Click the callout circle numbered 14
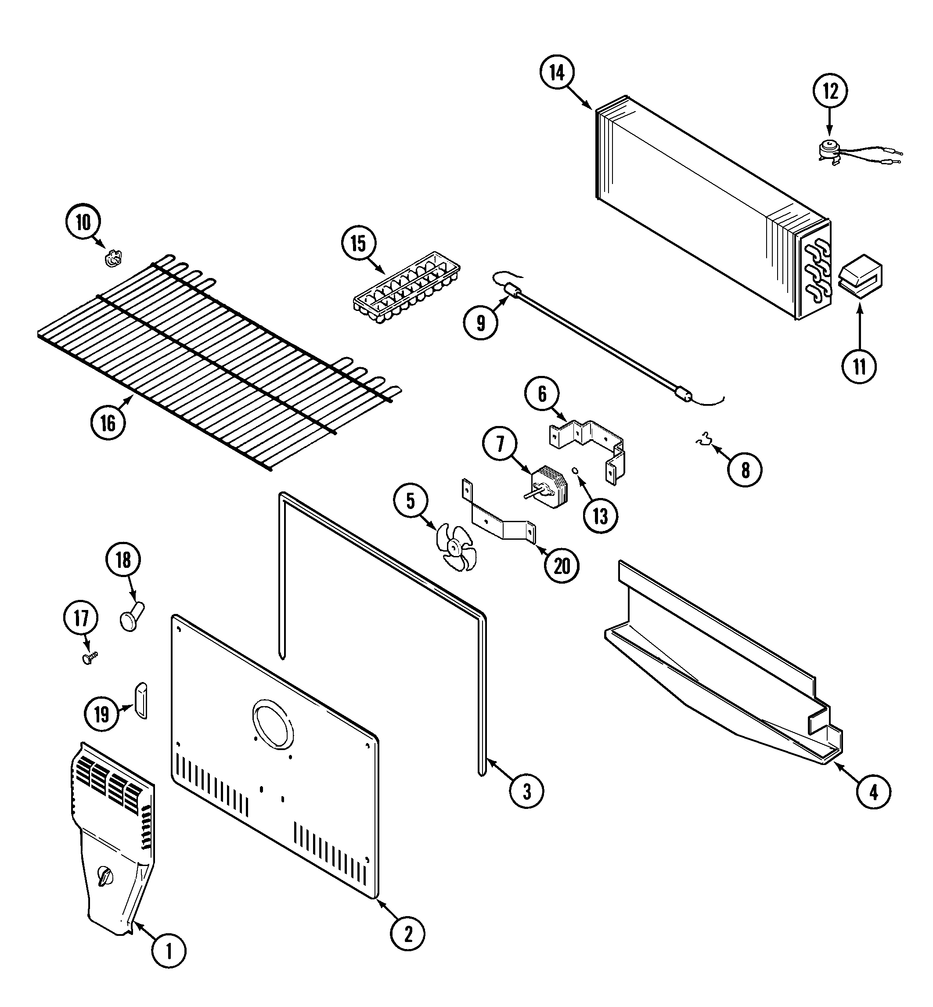[x=557, y=73]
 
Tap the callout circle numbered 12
[x=830, y=91]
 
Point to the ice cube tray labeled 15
[x=407, y=287]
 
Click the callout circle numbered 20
[x=562, y=566]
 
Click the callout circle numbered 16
[x=108, y=423]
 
